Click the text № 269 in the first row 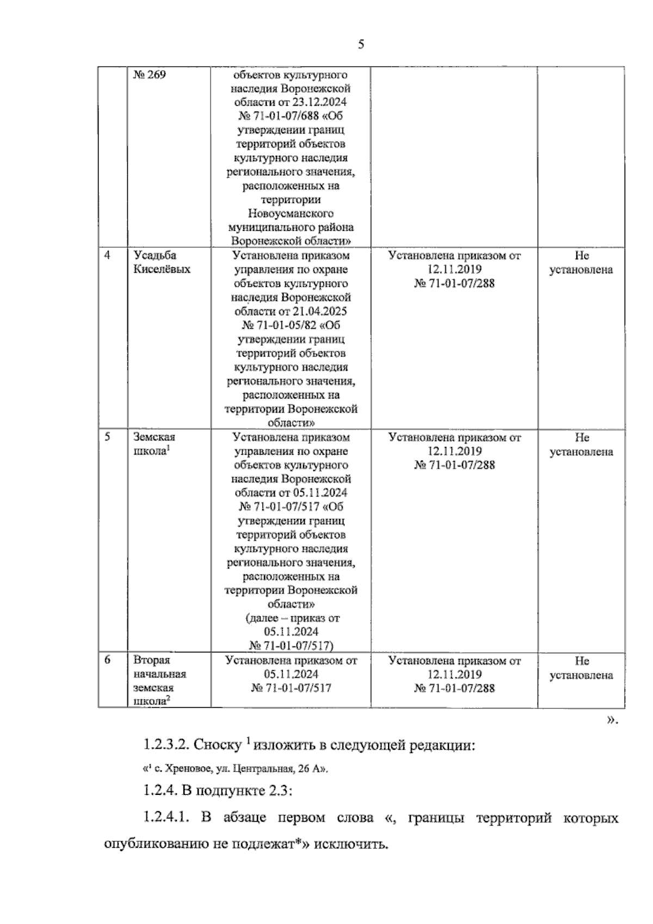tap(150, 75)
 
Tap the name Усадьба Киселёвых tap(162, 262)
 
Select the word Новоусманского tap(291, 213)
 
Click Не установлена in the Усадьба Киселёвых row tap(581, 262)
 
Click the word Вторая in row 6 tap(152, 660)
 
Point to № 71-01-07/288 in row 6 tap(454, 688)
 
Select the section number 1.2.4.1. tap(166, 818)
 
